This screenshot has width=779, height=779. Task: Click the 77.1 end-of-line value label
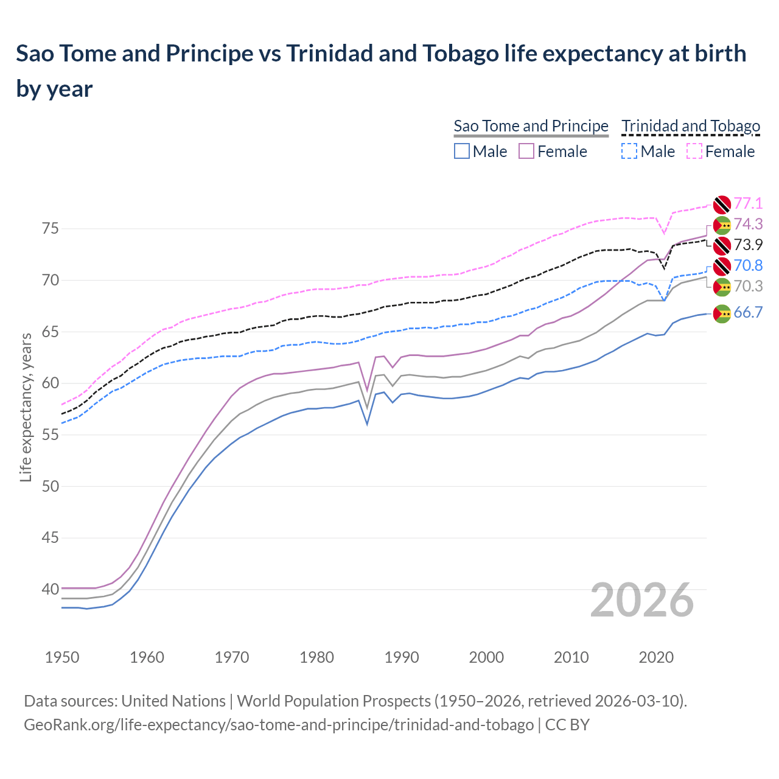[x=748, y=203]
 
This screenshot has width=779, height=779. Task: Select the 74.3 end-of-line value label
[x=748, y=224]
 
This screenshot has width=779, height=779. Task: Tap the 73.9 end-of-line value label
[x=748, y=245]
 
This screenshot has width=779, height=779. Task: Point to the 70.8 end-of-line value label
[x=748, y=265]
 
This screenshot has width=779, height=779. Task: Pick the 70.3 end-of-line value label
[x=748, y=286]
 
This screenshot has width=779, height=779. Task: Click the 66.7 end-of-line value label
[x=748, y=313]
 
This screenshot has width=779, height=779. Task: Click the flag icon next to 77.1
[x=722, y=204]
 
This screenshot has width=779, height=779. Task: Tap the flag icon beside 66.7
[x=722, y=313]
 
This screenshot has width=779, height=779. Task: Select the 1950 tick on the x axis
[x=63, y=657]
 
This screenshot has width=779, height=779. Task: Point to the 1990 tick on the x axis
[x=402, y=657]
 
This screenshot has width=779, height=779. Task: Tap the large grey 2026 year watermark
[x=641, y=600]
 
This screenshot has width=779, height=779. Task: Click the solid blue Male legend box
[x=462, y=151]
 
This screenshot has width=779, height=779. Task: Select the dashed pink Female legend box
[x=694, y=151]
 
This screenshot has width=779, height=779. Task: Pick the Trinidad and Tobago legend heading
[x=691, y=126]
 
